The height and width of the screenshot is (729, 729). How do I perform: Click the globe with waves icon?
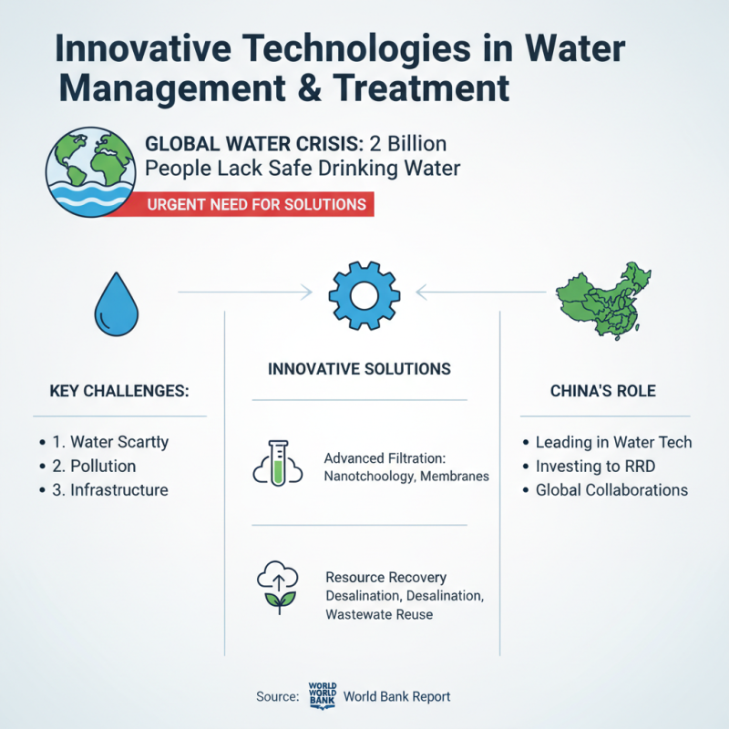(90, 172)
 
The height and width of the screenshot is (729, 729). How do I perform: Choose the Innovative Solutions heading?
(359, 369)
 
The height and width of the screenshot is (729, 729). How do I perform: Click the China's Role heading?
(603, 391)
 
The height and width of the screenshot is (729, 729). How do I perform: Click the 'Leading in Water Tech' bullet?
(613, 442)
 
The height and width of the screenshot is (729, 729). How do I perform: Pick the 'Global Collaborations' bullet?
(611, 489)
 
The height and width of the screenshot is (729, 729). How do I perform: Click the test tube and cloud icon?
(276, 462)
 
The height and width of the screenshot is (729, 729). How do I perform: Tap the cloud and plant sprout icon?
(275, 587)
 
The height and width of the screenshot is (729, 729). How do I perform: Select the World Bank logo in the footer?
(323, 695)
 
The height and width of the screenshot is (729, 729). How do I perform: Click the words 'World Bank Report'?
(396, 696)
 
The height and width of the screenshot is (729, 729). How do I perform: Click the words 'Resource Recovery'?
(385, 578)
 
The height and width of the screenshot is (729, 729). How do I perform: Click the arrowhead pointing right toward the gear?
(307, 293)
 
